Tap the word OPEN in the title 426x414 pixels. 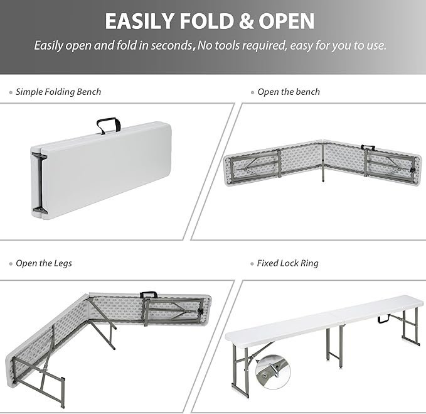click(x=282, y=22)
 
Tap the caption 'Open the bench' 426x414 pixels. click(x=289, y=92)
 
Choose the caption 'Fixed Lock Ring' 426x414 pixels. click(x=287, y=263)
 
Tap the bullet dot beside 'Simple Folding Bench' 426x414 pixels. click(x=11, y=92)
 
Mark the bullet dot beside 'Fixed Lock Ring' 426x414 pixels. click(x=252, y=264)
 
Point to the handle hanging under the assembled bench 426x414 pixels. click(x=384, y=320)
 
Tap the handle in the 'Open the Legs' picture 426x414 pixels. click(x=149, y=294)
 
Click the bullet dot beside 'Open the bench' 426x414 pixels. click(x=252, y=92)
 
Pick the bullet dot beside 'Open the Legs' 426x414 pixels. click(x=11, y=264)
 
